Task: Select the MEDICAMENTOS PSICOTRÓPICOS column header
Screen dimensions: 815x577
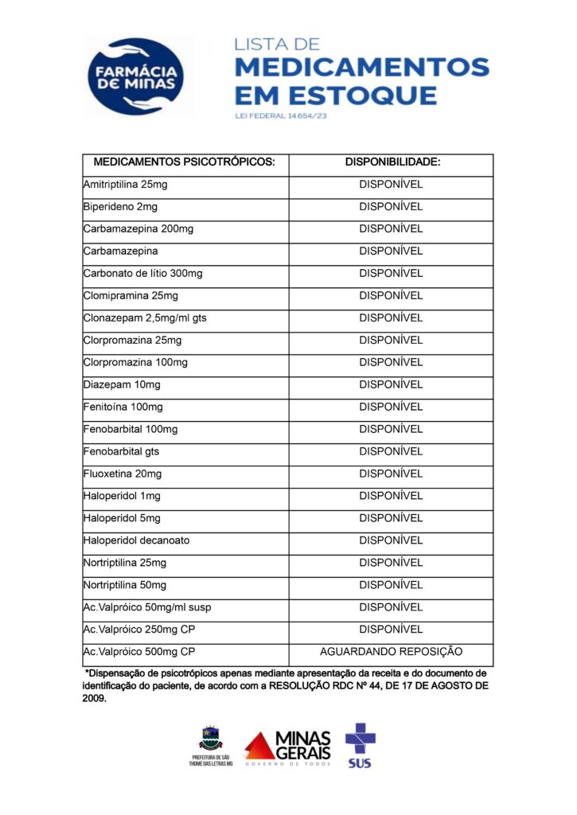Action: [x=185, y=162]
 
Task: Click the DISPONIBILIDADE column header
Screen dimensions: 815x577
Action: [x=392, y=162]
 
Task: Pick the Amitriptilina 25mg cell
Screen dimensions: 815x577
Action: [x=126, y=185]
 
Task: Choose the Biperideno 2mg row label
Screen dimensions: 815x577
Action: [x=120, y=207]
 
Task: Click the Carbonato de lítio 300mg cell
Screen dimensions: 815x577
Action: [x=143, y=274]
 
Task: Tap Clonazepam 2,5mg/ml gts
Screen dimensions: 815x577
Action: [x=145, y=318]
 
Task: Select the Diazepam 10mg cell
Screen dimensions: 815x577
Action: [x=122, y=385]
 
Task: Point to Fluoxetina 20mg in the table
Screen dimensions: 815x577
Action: [x=123, y=474]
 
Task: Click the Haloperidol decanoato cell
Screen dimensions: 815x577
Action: [x=137, y=541]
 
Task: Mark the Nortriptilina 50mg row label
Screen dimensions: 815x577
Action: [x=125, y=586]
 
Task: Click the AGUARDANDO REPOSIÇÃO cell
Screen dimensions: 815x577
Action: [x=391, y=652]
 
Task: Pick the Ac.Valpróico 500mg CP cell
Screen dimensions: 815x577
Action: [x=139, y=652]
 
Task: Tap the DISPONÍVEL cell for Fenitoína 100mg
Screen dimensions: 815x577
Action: [x=391, y=407]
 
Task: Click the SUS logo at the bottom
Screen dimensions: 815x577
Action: [x=360, y=745]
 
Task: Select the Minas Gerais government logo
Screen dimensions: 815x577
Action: [x=288, y=748]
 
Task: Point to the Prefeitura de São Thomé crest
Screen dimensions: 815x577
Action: [x=211, y=739]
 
